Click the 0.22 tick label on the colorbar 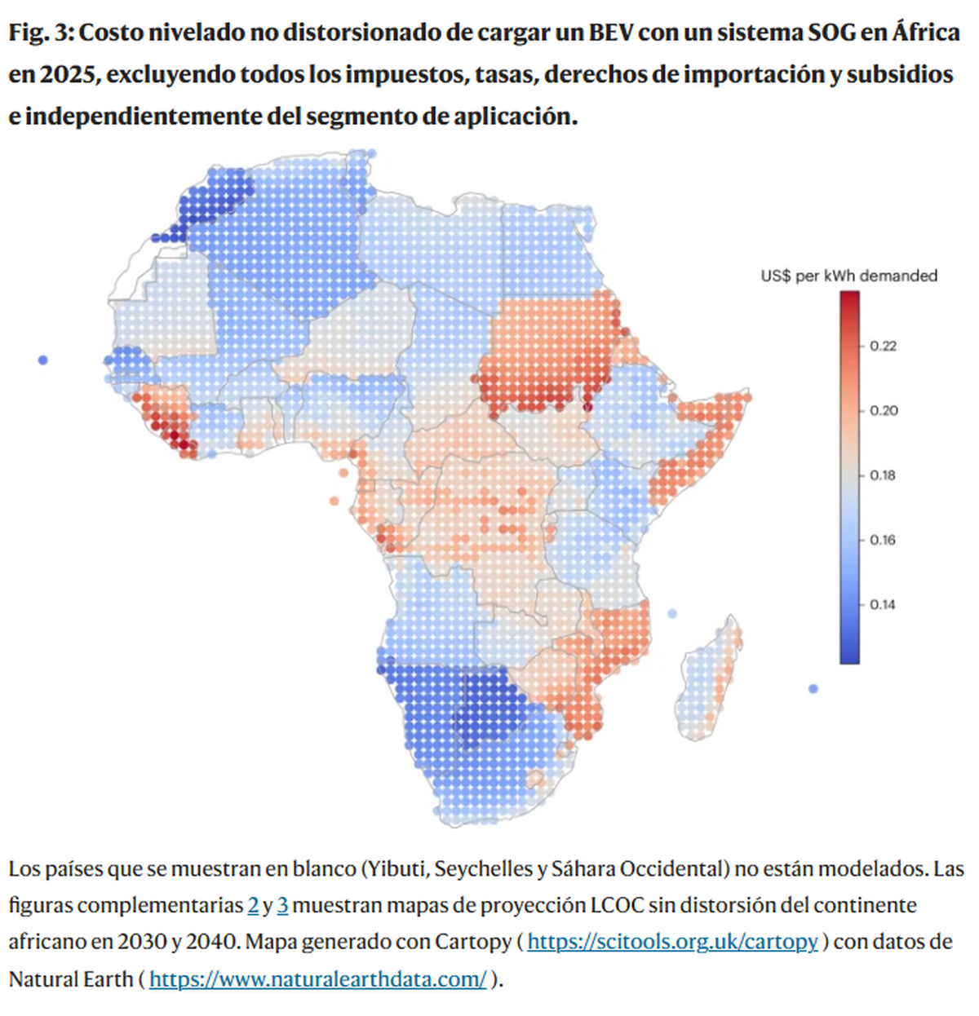tap(883, 346)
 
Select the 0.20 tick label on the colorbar tap(883, 410)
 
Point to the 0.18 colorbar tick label tap(883, 475)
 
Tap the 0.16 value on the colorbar tap(883, 540)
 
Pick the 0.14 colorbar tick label tap(883, 604)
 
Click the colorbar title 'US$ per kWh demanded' tap(848, 276)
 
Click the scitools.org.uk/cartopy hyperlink tap(672, 942)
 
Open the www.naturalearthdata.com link tap(318, 978)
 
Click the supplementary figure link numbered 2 tap(253, 905)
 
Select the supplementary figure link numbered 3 tap(282, 905)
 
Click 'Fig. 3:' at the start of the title tap(41, 33)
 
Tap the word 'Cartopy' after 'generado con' tap(472, 942)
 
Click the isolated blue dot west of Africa tap(42, 360)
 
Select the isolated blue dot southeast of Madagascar tap(813, 689)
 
